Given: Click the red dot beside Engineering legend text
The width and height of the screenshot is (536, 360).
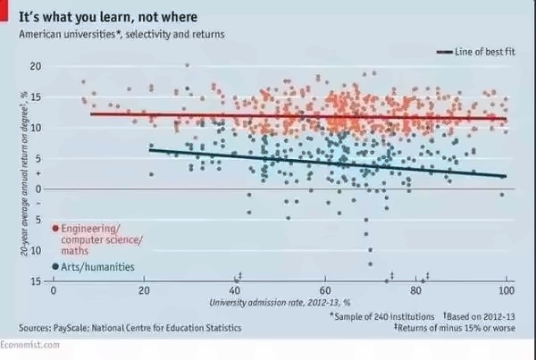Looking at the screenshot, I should click(55, 229).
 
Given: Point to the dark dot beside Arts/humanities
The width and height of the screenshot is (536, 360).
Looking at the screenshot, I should click(55, 266).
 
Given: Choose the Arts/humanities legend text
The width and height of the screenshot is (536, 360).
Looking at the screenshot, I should click(98, 266).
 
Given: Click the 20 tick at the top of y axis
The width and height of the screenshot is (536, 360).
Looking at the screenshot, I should click(35, 66).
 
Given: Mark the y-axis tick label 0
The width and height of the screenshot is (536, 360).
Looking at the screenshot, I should click(38, 188).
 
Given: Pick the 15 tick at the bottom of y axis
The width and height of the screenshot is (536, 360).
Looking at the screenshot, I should click(35, 281).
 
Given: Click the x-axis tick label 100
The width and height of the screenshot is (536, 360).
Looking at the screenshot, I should click(507, 292).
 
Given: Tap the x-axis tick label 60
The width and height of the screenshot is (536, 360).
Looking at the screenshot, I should click(325, 292).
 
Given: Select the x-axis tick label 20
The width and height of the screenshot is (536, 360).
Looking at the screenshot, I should click(144, 292).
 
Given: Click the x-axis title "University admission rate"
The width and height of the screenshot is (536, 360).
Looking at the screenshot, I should click(280, 304).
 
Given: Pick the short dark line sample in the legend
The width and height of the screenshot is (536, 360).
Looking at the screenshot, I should click(444, 53).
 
